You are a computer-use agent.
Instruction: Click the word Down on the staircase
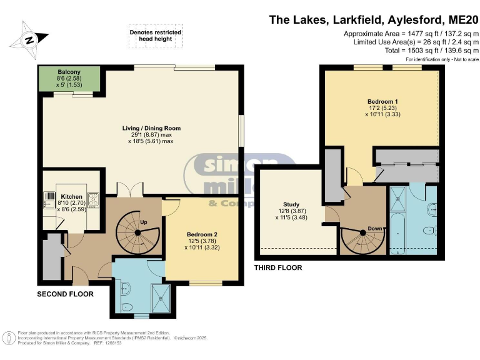(376, 229)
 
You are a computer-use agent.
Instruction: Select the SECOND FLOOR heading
(65, 294)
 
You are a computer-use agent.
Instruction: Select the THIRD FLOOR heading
(278, 267)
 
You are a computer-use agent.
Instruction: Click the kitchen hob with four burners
(94, 200)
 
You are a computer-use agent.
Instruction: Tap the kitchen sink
(50, 200)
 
